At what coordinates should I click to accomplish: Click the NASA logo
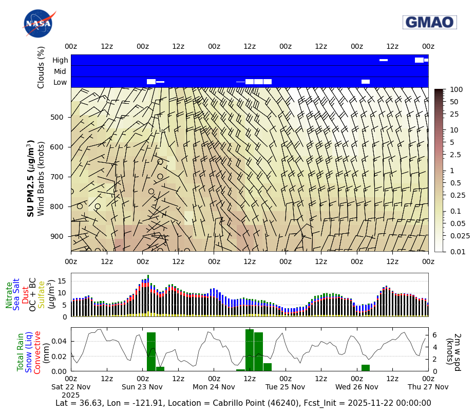pyautogui.click(x=39, y=24)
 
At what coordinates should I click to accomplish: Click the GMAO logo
pyautogui.click(x=429, y=22)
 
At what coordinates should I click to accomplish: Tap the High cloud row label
pyautogui.click(x=60, y=60)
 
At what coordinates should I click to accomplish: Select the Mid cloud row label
pyautogui.click(x=60, y=71)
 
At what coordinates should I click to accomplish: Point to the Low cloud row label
pyautogui.click(x=60, y=82)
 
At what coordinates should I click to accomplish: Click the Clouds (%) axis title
pyautogui.click(x=41, y=67)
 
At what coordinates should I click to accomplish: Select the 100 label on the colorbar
pyautogui.click(x=456, y=90)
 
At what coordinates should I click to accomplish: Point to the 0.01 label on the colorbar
pyautogui.click(x=457, y=251)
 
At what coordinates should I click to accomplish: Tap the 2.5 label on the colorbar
pyautogui.click(x=455, y=155)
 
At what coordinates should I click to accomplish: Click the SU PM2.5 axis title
pyautogui.click(x=31, y=178)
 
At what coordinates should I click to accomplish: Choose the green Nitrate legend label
pyautogui.click(x=9, y=295)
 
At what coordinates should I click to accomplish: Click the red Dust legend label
pyautogui.click(x=25, y=295)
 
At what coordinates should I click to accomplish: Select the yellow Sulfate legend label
pyautogui.click(x=41, y=295)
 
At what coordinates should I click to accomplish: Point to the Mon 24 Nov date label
pyautogui.click(x=214, y=387)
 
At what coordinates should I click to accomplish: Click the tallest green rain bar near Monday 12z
pyautogui.click(x=250, y=350)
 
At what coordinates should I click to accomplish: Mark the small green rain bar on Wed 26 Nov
pyautogui.click(x=366, y=368)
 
